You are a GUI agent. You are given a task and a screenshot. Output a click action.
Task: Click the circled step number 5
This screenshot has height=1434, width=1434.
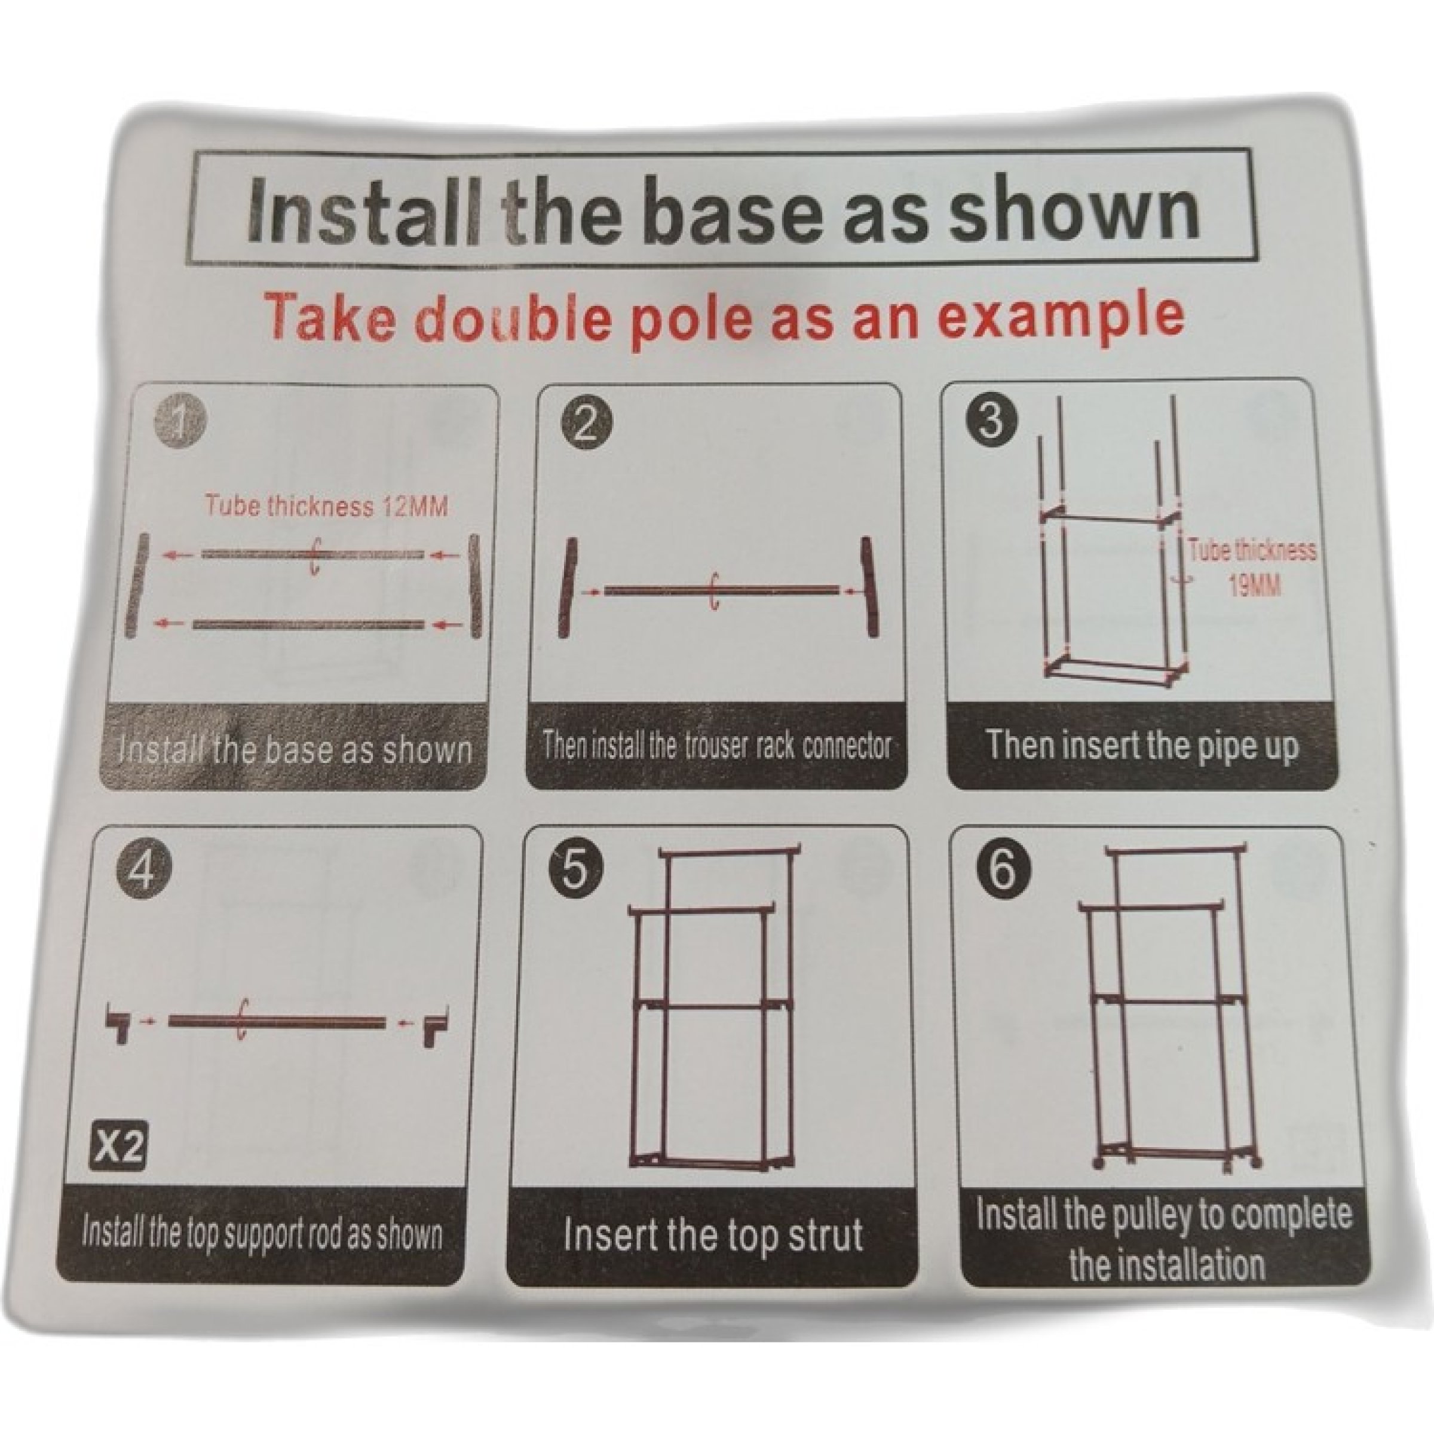576,870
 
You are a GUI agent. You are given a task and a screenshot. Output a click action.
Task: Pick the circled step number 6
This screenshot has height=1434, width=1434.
1001,869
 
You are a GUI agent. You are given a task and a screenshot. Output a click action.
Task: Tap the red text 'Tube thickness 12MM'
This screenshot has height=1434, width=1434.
327,506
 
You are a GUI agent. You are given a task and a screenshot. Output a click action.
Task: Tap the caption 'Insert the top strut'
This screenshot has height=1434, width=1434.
713,1234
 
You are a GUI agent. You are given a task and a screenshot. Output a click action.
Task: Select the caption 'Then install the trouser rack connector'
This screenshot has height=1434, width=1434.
717,744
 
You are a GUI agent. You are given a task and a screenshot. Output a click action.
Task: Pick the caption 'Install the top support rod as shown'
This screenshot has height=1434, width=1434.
262,1234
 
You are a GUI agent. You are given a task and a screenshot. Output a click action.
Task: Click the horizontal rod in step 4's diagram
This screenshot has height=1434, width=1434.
278,1023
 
